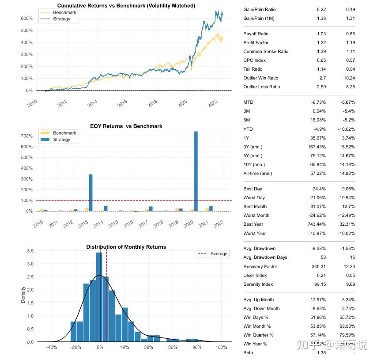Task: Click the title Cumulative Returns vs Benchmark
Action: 126,6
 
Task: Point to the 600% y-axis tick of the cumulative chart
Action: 26,19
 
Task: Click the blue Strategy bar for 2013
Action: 90,193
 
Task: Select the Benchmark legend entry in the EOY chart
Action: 64,133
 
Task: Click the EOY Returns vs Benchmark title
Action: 126,126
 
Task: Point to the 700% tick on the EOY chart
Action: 26,136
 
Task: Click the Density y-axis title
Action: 23,295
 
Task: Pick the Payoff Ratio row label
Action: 256,34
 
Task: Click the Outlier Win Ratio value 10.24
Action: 348,78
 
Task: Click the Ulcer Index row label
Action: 256,276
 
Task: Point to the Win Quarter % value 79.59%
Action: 346,335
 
